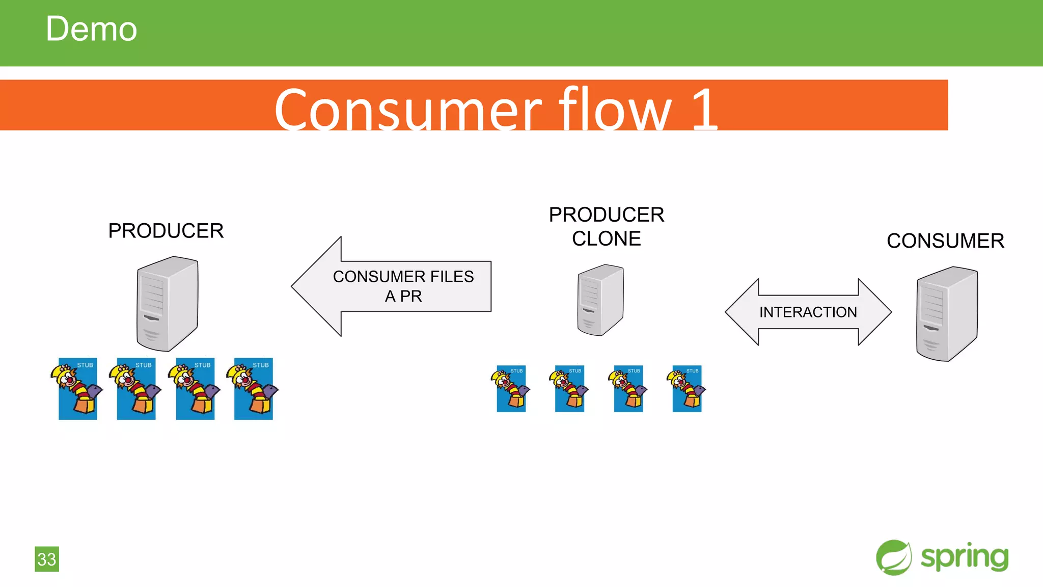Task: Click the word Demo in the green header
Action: pos(91,29)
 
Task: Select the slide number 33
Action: pos(47,559)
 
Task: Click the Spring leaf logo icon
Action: pos(894,557)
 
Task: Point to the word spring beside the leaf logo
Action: pos(964,557)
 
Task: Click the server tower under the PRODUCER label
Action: pos(167,304)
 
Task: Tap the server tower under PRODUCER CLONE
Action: pos(600,300)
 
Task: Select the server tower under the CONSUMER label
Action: pos(946,314)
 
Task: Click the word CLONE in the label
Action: pos(606,239)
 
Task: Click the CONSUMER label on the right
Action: pos(945,241)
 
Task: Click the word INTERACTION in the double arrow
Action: pos(808,312)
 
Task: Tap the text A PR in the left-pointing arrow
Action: pos(403,296)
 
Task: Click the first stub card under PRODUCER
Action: pos(77,389)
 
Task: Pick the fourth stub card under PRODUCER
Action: pos(253,389)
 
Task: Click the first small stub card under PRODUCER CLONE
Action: pos(511,389)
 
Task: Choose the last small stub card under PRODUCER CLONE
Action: pos(687,389)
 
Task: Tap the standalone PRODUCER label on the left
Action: pos(166,231)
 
